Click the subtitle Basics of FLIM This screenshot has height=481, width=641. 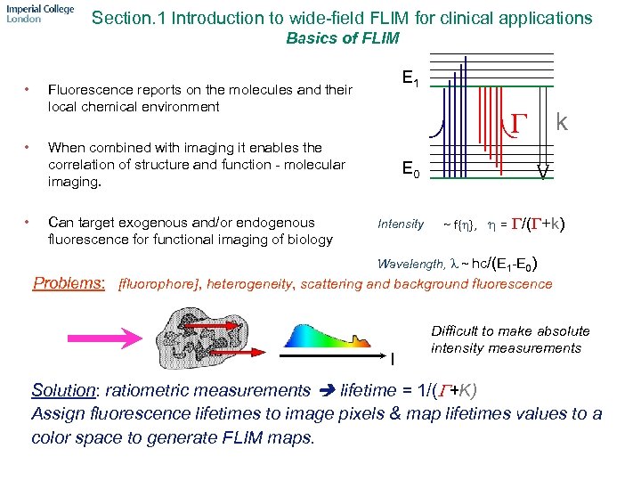click(x=342, y=38)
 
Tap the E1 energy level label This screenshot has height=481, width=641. click(x=410, y=80)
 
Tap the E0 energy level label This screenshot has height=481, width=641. click(x=410, y=168)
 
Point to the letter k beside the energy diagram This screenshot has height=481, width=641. click(x=563, y=120)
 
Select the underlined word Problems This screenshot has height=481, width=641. click(x=69, y=283)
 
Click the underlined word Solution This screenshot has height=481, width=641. click(x=64, y=390)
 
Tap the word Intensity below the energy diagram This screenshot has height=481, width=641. click(x=401, y=224)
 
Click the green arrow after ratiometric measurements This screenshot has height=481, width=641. click(x=326, y=390)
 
